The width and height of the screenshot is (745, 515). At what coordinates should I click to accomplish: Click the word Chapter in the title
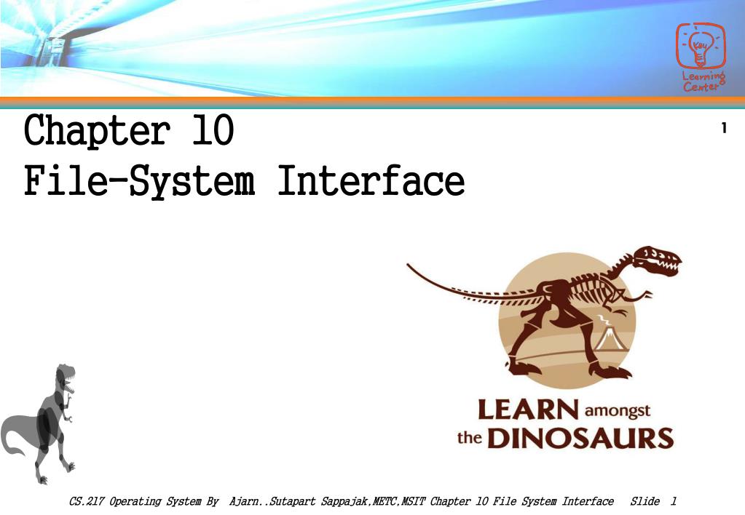coord(97,132)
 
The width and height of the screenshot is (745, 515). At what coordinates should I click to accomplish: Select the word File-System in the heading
coord(139,182)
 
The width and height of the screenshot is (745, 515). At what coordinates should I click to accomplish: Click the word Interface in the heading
coord(371,182)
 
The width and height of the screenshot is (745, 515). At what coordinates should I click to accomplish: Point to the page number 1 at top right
coord(723,129)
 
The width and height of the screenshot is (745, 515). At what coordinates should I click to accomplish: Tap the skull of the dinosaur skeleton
coord(655,260)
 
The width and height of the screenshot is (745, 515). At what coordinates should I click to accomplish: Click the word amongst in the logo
coord(618,412)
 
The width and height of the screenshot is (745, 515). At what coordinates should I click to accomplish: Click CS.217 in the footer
coord(86,501)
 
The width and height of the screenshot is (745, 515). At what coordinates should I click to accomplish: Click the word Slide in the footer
coord(645,501)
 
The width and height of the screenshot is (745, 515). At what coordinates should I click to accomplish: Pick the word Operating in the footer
coord(135,501)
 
